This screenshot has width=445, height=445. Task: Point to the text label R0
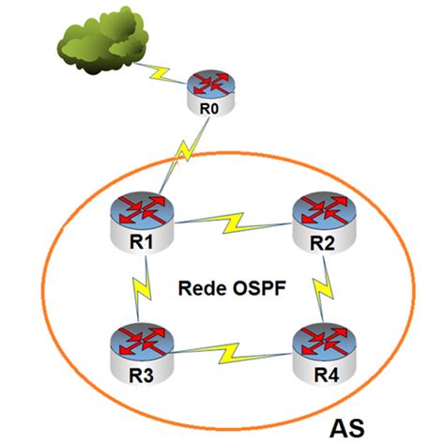209,110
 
